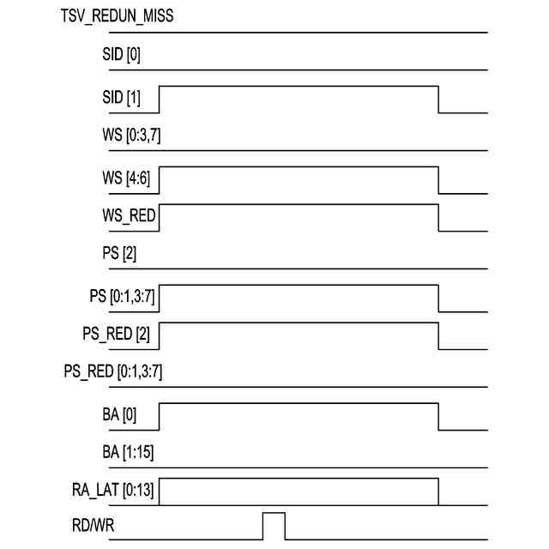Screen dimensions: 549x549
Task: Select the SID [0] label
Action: tap(122, 56)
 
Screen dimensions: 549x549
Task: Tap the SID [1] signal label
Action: tap(122, 98)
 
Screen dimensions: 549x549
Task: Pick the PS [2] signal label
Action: tap(119, 255)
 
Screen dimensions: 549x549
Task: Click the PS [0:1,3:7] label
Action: tap(121, 296)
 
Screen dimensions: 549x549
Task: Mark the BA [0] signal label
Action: tap(119, 415)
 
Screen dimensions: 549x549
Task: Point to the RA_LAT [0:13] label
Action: tap(115, 492)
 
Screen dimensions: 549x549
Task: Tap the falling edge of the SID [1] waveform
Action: tap(439, 100)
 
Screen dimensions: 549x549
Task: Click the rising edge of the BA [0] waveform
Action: tap(160, 418)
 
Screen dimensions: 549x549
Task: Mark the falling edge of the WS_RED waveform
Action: tap(439, 219)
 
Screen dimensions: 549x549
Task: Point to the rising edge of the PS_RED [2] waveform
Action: tap(160, 336)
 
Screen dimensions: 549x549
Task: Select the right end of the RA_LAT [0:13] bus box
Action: tap(439, 492)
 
